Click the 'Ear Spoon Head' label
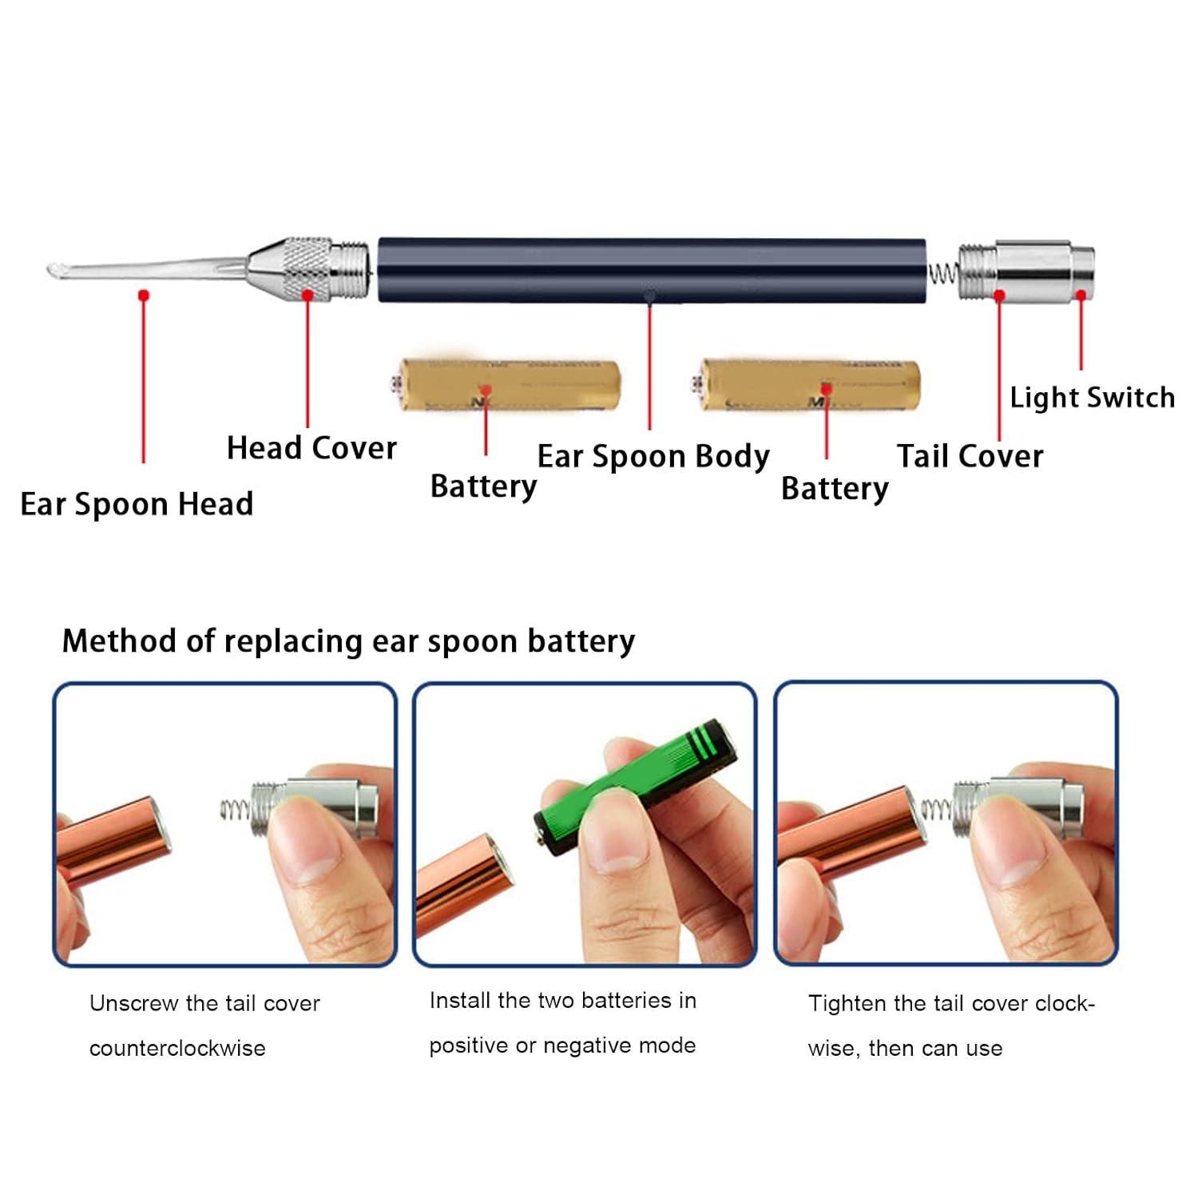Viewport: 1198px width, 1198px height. (137, 505)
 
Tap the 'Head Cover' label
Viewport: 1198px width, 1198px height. (311, 448)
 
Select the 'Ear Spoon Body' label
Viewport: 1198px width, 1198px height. (653, 457)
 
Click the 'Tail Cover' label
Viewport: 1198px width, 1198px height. (970, 457)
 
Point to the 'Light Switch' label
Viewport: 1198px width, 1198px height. (1092, 398)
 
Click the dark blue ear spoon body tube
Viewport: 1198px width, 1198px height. (651, 269)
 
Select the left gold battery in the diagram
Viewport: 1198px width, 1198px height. (510, 385)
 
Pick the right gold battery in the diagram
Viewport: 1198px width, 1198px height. (808, 385)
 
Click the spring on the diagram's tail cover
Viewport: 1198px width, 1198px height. (943, 274)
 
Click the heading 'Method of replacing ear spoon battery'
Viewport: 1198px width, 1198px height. (348, 641)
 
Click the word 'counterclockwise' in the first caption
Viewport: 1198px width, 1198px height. (177, 1049)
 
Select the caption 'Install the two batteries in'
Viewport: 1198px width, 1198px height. (562, 1001)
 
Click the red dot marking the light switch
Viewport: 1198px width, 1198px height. (1081, 296)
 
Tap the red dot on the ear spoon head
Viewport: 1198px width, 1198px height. (144, 296)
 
